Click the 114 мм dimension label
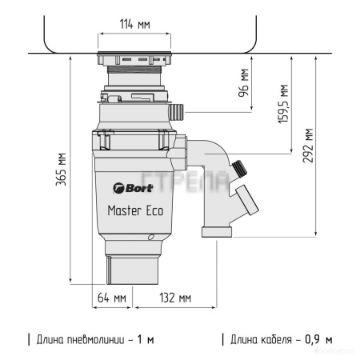point(134,24)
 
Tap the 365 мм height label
point(61,170)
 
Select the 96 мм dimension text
point(243,82)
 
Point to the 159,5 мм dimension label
point(283,104)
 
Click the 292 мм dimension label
point(308,146)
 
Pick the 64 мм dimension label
point(112,298)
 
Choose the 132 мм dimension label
point(175,298)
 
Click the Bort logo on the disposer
point(133,188)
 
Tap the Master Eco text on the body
point(135,210)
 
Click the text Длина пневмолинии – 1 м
point(95,340)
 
